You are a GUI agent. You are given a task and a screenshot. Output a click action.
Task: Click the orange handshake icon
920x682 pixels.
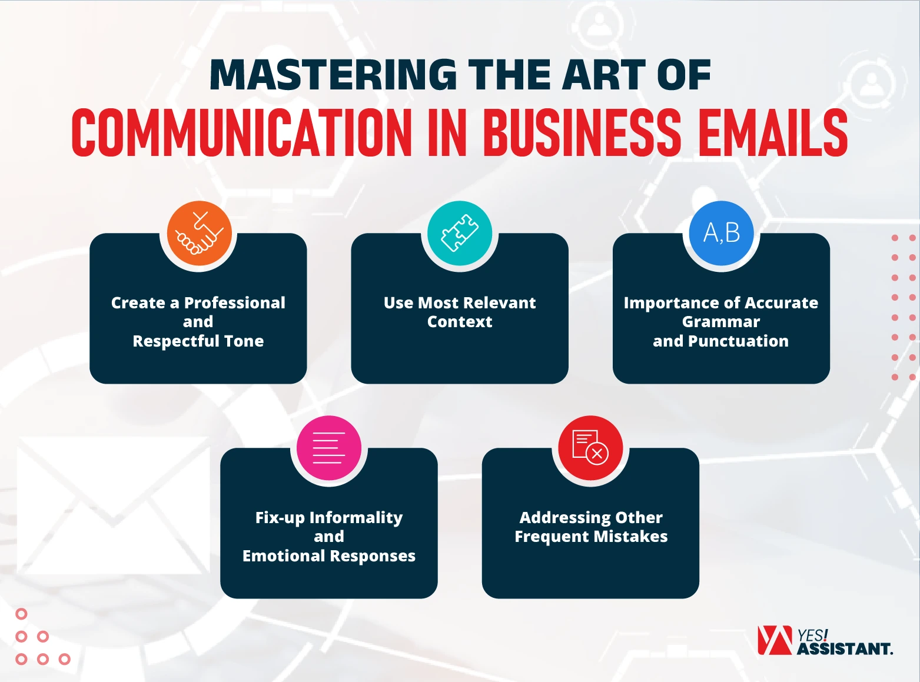(199, 233)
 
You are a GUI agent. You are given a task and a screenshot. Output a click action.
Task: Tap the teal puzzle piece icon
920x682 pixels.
(460, 233)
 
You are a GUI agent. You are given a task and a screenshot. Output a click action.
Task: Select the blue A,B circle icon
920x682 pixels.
(721, 233)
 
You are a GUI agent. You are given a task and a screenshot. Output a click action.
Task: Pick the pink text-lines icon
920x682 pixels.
(329, 448)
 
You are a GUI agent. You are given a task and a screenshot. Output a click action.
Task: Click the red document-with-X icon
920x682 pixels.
(590, 448)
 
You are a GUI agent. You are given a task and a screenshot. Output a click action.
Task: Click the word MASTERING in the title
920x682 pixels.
(333, 75)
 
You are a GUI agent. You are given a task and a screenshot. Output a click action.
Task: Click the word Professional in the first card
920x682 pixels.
(234, 302)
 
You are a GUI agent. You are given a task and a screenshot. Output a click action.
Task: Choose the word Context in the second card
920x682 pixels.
(460, 322)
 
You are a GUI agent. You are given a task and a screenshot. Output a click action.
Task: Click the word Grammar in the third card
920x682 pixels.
(721, 322)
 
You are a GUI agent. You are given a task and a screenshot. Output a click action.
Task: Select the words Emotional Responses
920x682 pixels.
(329, 555)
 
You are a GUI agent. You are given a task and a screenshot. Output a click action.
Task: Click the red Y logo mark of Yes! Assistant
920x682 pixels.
(774, 640)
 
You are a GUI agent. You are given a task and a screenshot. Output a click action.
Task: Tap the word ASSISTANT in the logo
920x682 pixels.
(845, 649)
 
